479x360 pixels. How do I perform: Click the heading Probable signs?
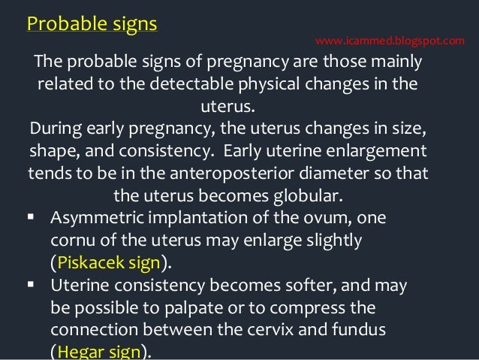(x=92, y=23)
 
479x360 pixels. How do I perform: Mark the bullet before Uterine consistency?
(x=31, y=285)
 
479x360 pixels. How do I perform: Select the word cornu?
(x=72, y=241)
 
